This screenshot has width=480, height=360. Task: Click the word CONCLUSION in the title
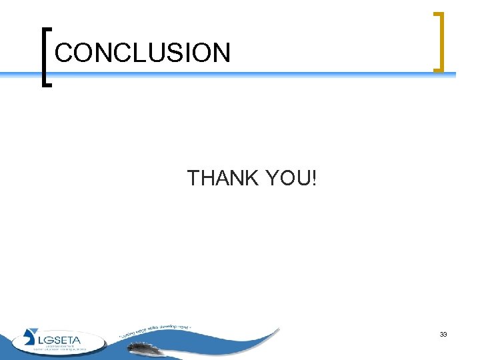143,53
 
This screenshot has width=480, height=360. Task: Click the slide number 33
443,334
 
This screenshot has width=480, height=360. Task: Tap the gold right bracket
438,41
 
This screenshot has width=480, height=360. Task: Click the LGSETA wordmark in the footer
61,339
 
